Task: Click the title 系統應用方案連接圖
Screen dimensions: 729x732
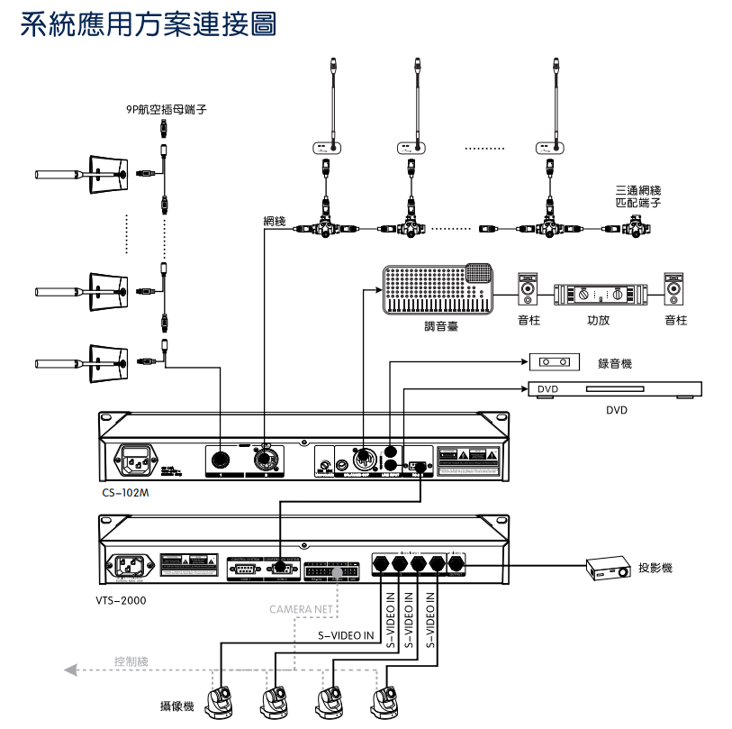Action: click(x=148, y=23)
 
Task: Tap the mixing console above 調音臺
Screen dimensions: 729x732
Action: click(x=439, y=289)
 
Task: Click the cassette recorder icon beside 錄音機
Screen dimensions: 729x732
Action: click(x=552, y=362)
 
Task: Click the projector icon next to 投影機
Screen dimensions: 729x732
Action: click(x=609, y=569)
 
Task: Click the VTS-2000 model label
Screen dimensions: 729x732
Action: click(x=121, y=598)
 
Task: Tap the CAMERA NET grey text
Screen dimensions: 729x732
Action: click(x=302, y=610)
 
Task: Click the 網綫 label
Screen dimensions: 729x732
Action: click(x=274, y=221)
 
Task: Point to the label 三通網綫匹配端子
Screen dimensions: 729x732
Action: click(x=638, y=196)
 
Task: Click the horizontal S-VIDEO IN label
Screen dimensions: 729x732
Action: click(x=346, y=635)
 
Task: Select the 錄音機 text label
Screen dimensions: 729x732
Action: click(x=615, y=363)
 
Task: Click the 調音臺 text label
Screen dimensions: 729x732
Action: click(x=441, y=326)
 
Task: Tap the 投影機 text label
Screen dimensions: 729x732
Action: click(x=655, y=568)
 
